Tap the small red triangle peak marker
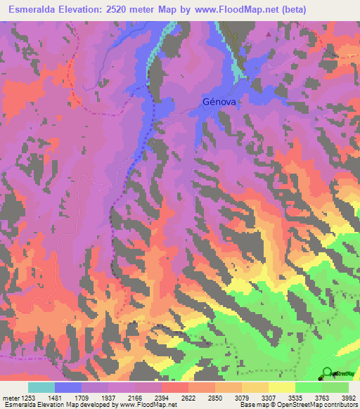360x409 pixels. coord(268,33)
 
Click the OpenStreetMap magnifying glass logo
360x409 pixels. coord(328,372)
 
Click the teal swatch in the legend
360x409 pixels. coord(41,387)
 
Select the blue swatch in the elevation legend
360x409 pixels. coord(68,387)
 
